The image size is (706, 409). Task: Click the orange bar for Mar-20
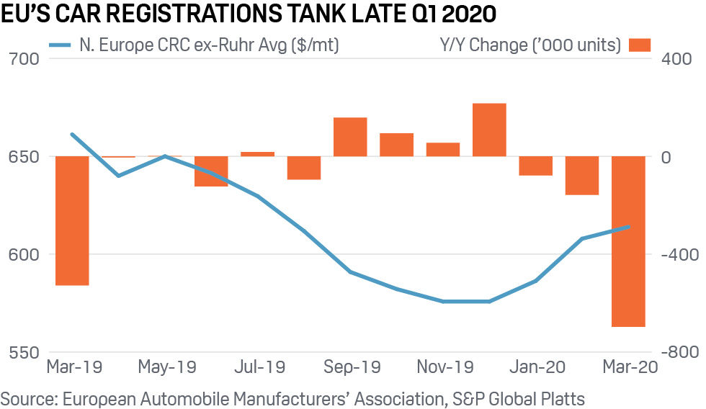tap(628, 241)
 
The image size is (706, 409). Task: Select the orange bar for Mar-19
tap(72, 220)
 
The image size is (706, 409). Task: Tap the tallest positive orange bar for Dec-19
tap(489, 130)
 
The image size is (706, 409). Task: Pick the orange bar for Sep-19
tap(350, 137)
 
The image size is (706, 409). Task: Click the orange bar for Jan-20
tap(535, 166)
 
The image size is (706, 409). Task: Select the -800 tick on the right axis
tap(677, 353)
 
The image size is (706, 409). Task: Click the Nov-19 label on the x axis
tap(444, 367)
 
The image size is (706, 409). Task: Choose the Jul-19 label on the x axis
tap(259, 367)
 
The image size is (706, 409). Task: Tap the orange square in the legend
tap(639, 45)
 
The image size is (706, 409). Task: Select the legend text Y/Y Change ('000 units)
tap(530, 45)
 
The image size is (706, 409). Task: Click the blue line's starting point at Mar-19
tap(72, 134)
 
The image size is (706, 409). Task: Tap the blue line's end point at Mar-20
tap(628, 227)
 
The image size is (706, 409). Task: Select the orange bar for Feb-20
tap(582, 176)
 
